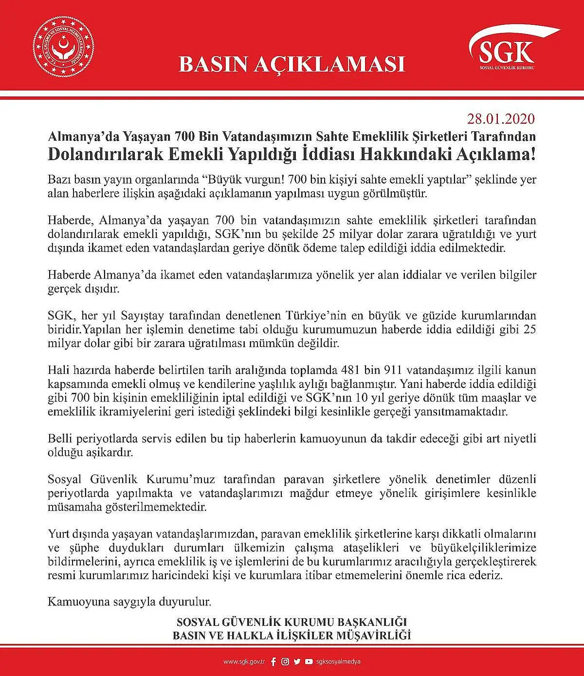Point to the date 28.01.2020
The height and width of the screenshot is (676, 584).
click(x=501, y=119)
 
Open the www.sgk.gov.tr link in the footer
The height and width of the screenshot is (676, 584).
click(x=244, y=662)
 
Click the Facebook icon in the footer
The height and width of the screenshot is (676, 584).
click(x=273, y=662)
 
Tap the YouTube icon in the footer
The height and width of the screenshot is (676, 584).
click(x=309, y=662)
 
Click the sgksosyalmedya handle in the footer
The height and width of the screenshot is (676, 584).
click(x=338, y=662)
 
